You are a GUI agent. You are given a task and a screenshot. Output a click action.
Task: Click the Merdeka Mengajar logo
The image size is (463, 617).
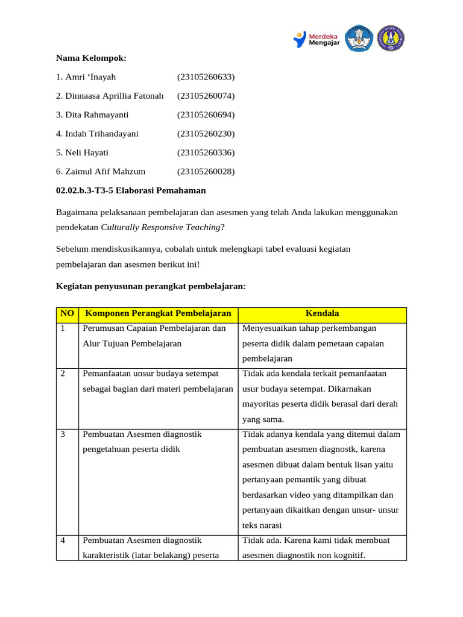point(317,39)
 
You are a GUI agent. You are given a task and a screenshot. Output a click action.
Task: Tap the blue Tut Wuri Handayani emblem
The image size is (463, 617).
point(359,39)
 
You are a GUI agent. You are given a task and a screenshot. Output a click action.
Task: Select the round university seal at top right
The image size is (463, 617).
point(391,39)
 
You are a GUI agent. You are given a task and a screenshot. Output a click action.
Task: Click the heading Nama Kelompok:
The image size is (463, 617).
point(91,58)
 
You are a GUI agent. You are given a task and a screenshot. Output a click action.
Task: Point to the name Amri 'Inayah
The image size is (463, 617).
point(86,77)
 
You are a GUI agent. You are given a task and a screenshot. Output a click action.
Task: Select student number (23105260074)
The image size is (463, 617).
point(206,96)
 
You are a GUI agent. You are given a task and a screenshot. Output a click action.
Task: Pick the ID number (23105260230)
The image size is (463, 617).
point(206,133)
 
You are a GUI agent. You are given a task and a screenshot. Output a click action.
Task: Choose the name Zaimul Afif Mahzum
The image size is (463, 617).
point(101,172)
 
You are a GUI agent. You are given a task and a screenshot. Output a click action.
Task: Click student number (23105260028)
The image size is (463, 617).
point(206,172)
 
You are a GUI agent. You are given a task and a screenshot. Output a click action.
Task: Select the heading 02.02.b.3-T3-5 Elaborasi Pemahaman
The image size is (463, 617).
point(131,190)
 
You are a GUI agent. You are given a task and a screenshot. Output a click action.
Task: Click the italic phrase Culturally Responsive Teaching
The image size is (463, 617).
point(160,227)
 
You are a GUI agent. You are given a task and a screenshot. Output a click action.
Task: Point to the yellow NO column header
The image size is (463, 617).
point(67,314)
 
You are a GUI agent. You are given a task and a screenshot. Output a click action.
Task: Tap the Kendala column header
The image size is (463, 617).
point(322,314)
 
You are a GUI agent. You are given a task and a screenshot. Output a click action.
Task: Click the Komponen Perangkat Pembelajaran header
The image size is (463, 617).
point(158,314)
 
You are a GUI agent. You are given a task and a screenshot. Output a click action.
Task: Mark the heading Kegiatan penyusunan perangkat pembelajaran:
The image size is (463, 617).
point(151,286)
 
